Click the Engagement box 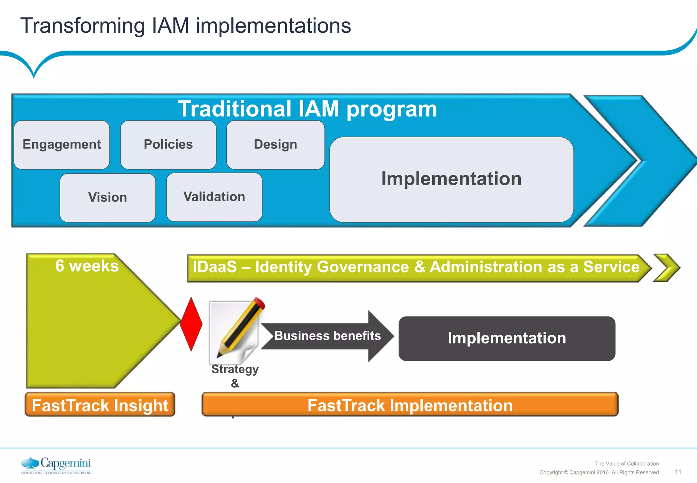click(62, 145)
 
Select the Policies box click(168, 145)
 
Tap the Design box click(275, 145)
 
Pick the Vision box click(108, 198)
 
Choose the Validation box click(214, 197)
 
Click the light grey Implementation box click(451, 180)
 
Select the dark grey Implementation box click(507, 338)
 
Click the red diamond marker click(191, 324)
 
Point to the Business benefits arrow click(327, 336)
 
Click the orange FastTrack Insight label click(100, 405)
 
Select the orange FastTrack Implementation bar click(410, 405)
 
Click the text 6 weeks click(87, 266)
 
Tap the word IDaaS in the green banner click(214, 267)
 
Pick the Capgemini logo click(56, 465)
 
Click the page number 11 click(678, 472)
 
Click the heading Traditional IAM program click(307, 109)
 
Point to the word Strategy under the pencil click(235, 369)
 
